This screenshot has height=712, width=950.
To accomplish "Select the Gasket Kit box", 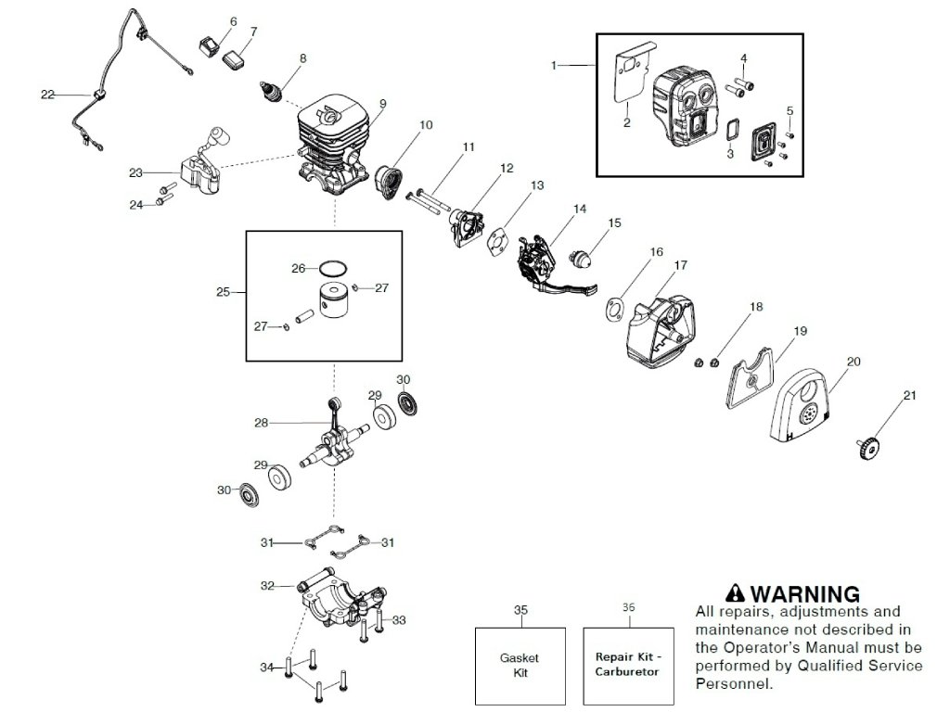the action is point(520,666).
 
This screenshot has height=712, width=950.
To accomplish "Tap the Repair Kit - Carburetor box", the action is point(628,666).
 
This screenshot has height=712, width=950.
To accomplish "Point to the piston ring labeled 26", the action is point(333,267).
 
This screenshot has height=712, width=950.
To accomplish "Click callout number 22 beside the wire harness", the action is point(47,95).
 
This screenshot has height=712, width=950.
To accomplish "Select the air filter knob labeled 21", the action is point(868,446).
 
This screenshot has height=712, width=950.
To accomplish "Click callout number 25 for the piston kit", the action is point(223,292).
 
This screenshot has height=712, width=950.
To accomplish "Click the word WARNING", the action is point(805,593).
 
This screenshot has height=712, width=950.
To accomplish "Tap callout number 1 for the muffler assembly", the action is point(553,65).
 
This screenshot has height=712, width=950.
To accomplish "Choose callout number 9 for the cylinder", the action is point(383,104).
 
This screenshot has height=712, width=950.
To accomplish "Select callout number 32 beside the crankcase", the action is point(267,586).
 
